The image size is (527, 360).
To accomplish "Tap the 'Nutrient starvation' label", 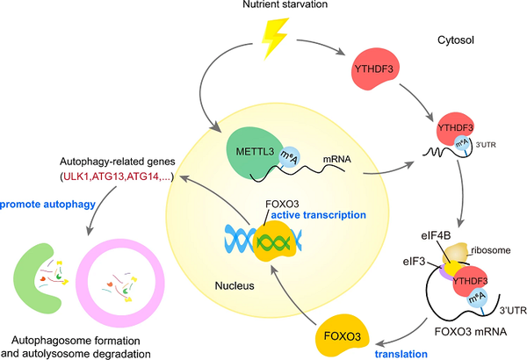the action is coord(285,4).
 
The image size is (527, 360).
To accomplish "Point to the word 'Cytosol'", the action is coord(455,40).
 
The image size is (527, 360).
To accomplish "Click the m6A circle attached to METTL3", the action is coord(289,157).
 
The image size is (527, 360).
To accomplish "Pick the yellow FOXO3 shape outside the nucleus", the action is coord(343,335).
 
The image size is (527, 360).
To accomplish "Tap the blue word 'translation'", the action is coord(401,354).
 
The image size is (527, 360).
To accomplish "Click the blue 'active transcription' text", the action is coord(318,215).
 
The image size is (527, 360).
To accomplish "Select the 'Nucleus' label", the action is coord(235,285).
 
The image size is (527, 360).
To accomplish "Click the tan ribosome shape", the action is coord(457,252).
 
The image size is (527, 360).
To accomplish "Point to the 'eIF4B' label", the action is coord(436,235).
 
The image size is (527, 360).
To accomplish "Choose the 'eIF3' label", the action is coord(414,261).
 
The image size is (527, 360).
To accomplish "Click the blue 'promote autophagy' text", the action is coord(47,205).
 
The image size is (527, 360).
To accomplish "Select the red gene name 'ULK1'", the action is coord(76,176).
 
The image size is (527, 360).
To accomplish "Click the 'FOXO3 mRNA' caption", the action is coord(470,332).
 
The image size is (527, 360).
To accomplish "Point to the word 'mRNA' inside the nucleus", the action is coord(337,159).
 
